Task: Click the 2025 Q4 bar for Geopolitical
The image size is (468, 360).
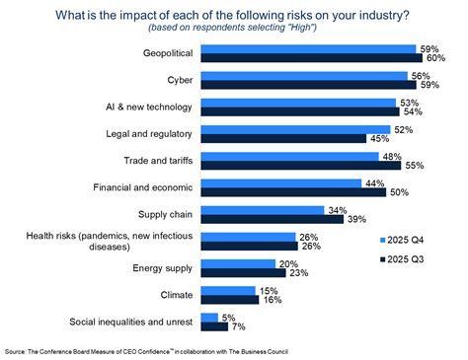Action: [x=308, y=49]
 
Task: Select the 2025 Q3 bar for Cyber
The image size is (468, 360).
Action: [x=308, y=85]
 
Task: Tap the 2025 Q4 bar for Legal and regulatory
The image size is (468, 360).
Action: [x=295, y=130]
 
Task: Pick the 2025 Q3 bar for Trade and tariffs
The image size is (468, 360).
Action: [x=301, y=166]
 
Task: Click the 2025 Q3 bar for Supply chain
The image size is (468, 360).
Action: [x=273, y=219]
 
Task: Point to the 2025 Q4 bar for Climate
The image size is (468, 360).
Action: [x=228, y=291]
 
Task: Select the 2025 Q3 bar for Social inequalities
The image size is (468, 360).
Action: [x=214, y=326]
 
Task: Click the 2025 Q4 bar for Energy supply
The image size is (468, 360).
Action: [x=238, y=264]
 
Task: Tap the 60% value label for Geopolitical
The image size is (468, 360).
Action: [x=435, y=58]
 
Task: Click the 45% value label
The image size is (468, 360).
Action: [x=379, y=139]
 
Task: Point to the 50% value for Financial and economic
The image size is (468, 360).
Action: [x=399, y=192]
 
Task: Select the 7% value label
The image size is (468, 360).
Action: [x=239, y=326]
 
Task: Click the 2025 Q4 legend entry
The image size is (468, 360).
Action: [x=402, y=240]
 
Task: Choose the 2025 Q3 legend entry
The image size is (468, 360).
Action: [x=402, y=259]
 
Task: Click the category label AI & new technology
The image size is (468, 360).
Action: [x=149, y=107]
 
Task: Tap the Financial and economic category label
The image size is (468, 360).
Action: [x=143, y=187]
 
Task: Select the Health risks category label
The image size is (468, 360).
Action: [x=110, y=241]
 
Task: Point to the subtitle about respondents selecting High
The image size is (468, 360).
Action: [x=232, y=28]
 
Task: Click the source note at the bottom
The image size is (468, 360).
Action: [x=146, y=352]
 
